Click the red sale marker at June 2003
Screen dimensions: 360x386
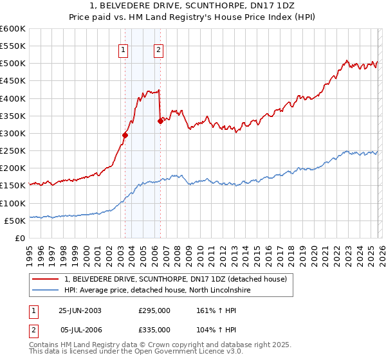[x=125, y=135]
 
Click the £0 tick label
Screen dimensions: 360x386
[x=19, y=238]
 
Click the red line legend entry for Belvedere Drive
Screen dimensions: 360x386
[x=179, y=279]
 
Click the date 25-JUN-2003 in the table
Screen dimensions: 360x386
[x=80, y=310]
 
